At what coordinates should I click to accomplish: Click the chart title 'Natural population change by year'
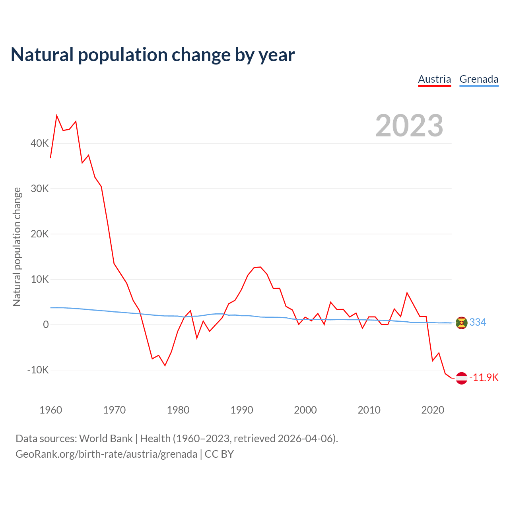[x=153, y=55]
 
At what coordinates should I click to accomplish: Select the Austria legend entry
[x=434, y=79]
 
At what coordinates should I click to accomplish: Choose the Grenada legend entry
[x=479, y=79]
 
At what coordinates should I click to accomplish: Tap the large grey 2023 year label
[x=409, y=126]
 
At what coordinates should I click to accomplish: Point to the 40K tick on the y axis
[x=40, y=143]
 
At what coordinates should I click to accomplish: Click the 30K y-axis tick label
[x=40, y=188]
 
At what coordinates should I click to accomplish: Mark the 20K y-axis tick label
[x=40, y=234]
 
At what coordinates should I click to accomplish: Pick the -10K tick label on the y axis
[x=38, y=370]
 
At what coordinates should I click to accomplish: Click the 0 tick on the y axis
[x=46, y=324]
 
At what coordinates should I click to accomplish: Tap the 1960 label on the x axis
[x=51, y=410]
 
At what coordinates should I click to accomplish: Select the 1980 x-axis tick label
[x=178, y=410]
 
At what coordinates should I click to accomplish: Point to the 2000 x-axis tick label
[x=305, y=410]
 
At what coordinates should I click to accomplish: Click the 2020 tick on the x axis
[x=433, y=410]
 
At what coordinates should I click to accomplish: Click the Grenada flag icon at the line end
[x=461, y=323]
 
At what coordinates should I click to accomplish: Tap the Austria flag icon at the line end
[x=461, y=378]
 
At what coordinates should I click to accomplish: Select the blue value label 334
[x=478, y=322]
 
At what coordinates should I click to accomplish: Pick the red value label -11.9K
[x=484, y=377]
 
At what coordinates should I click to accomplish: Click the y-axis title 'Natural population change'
[x=17, y=247]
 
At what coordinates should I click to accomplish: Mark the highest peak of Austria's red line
[x=57, y=115]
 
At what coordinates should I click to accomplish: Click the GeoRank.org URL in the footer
[x=106, y=454]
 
